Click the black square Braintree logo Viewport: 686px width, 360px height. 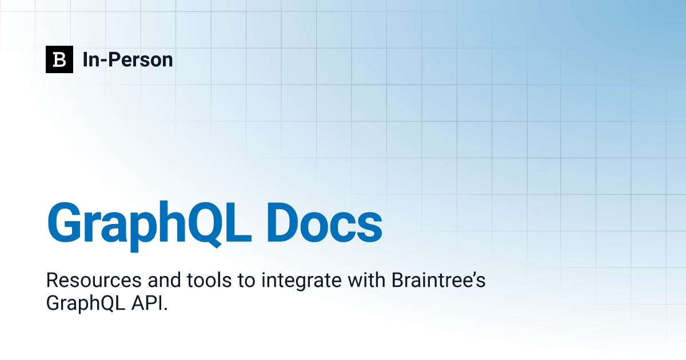pos(59,59)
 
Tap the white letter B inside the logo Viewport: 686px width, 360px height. pos(59,59)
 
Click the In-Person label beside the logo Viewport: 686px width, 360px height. pos(127,59)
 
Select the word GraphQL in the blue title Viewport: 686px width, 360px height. pos(149,226)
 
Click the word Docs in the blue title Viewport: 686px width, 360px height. pos(325,222)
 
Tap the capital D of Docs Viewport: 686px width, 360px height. pos(282,222)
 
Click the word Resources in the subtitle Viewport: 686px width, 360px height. pos(94,280)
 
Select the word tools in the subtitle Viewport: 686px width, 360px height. pos(209,280)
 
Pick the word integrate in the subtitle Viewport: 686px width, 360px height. pos(301,282)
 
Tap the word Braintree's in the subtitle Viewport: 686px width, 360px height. pos(438,280)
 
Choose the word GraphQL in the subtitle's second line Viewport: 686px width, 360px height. pos(86,303)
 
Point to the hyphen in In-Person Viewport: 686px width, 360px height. pos(103,61)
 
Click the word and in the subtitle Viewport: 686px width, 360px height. pos(164,280)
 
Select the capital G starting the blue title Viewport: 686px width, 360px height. pos(64,222)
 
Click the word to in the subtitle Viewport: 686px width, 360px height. pos(246,281)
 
